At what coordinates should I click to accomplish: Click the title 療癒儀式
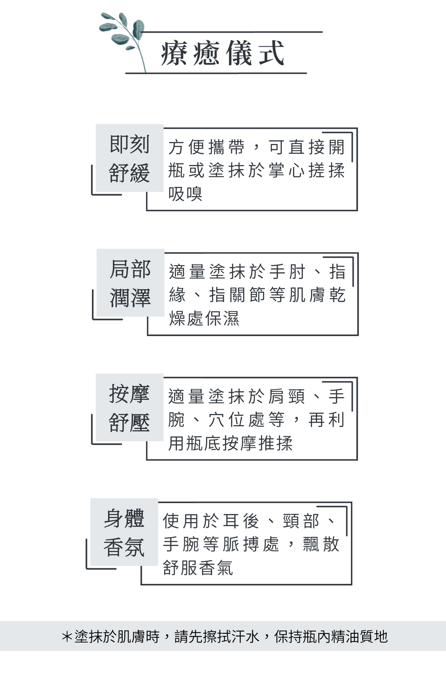pyautogui.click(x=222, y=53)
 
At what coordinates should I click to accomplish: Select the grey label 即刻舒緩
pyautogui.click(x=129, y=158)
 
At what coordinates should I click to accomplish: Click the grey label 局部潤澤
pyautogui.click(x=130, y=283)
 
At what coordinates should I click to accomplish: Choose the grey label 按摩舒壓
pyautogui.click(x=129, y=408)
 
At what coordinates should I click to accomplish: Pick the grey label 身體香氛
pyautogui.click(x=124, y=533)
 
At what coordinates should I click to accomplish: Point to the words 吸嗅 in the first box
pyautogui.click(x=186, y=194)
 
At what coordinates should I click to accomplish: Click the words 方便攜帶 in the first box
pyautogui.click(x=206, y=147)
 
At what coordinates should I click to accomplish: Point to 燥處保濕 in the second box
pyautogui.click(x=204, y=318)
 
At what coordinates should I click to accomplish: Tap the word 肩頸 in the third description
pyautogui.click(x=287, y=396)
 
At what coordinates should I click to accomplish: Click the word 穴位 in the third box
pyautogui.click(x=227, y=419)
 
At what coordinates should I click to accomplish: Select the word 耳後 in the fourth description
pyautogui.click(x=241, y=521)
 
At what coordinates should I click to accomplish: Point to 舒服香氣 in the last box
pyautogui.click(x=198, y=568)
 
